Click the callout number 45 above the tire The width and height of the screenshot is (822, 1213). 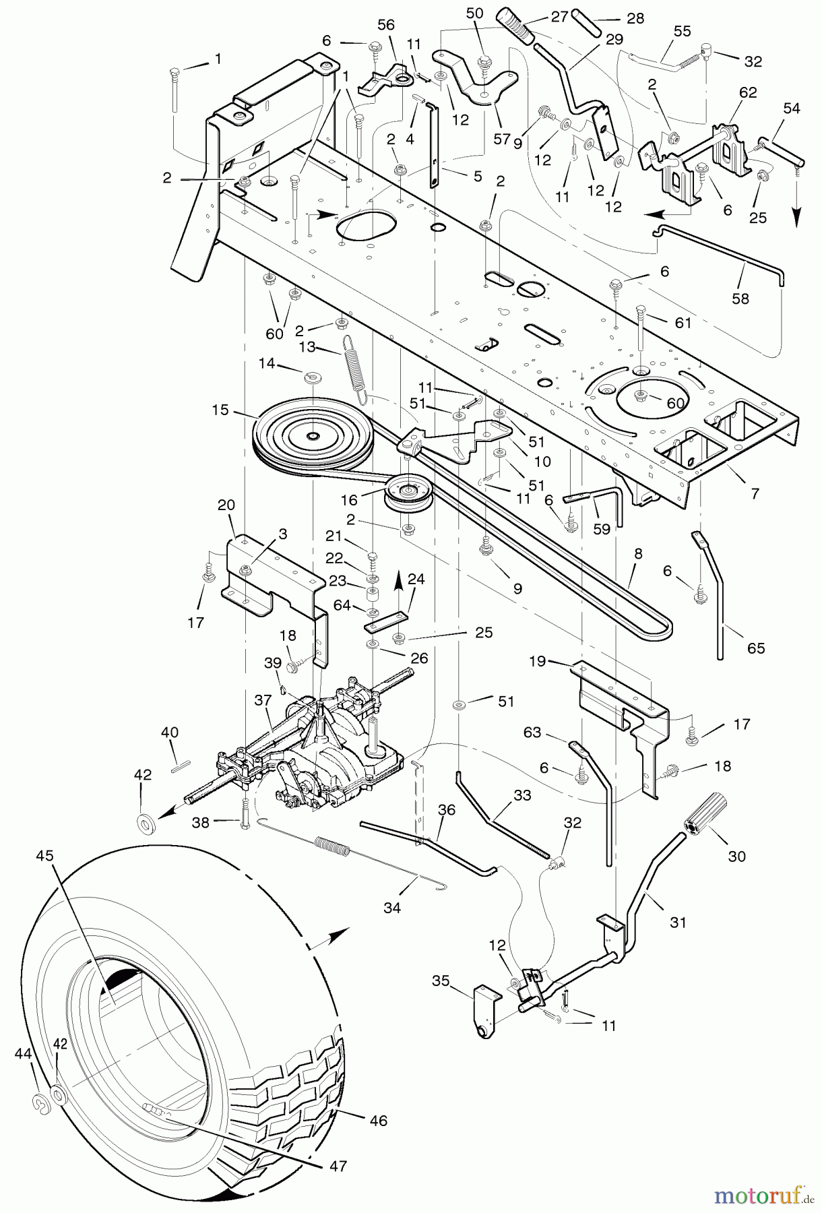(x=44, y=855)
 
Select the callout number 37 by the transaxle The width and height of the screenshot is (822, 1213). (x=263, y=701)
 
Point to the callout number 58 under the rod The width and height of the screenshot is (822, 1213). (x=740, y=298)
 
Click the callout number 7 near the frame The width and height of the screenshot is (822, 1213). (x=755, y=493)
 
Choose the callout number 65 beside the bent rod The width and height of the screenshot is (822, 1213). (x=756, y=648)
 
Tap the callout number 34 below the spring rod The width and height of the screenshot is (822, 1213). (x=391, y=908)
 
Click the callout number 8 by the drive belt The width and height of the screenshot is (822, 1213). (x=638, y=553)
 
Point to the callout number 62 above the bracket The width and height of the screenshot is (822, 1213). (x=748, y=92)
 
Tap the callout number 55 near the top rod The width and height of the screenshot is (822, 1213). (x=683, y=31)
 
